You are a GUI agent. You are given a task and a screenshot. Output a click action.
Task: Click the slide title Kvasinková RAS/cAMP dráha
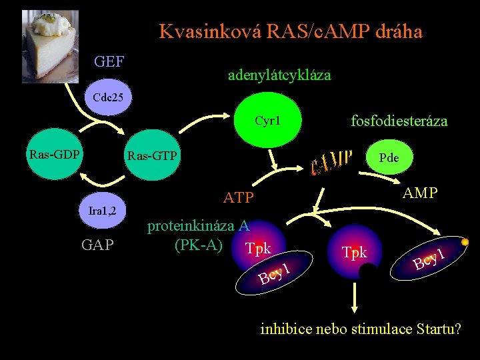(291, 31)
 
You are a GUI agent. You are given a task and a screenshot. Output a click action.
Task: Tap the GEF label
(109, 62)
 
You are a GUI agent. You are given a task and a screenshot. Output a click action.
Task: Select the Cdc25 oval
(108, 97)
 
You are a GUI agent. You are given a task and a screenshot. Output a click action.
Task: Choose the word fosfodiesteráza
(399, 121)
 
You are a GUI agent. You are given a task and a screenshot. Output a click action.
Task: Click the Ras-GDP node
(54, 155)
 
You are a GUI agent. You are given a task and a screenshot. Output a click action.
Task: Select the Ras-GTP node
(152, 157)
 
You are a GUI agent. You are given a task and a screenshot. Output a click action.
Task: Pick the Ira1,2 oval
(103, 211)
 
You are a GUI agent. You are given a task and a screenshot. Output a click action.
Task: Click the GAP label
(97, 245)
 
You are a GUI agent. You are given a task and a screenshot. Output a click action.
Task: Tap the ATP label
(239, 198)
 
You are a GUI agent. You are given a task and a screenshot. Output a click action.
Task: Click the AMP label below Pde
(421, 193)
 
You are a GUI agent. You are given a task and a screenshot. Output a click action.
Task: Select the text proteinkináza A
(198, 225)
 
